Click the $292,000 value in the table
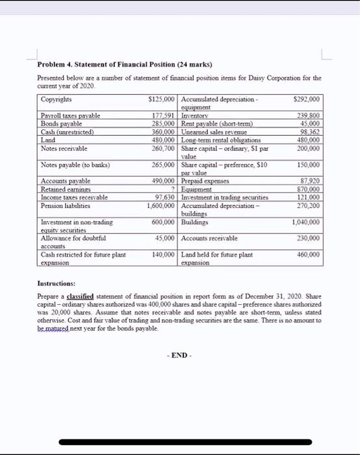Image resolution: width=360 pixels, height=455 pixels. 307,99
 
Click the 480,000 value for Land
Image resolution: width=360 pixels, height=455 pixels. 163,139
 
